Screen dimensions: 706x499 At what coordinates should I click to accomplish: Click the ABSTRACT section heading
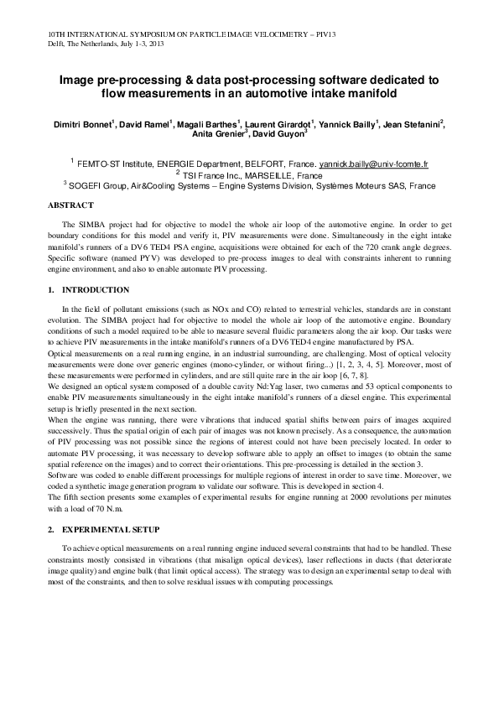pyautogui.click(x=70, y=205)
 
